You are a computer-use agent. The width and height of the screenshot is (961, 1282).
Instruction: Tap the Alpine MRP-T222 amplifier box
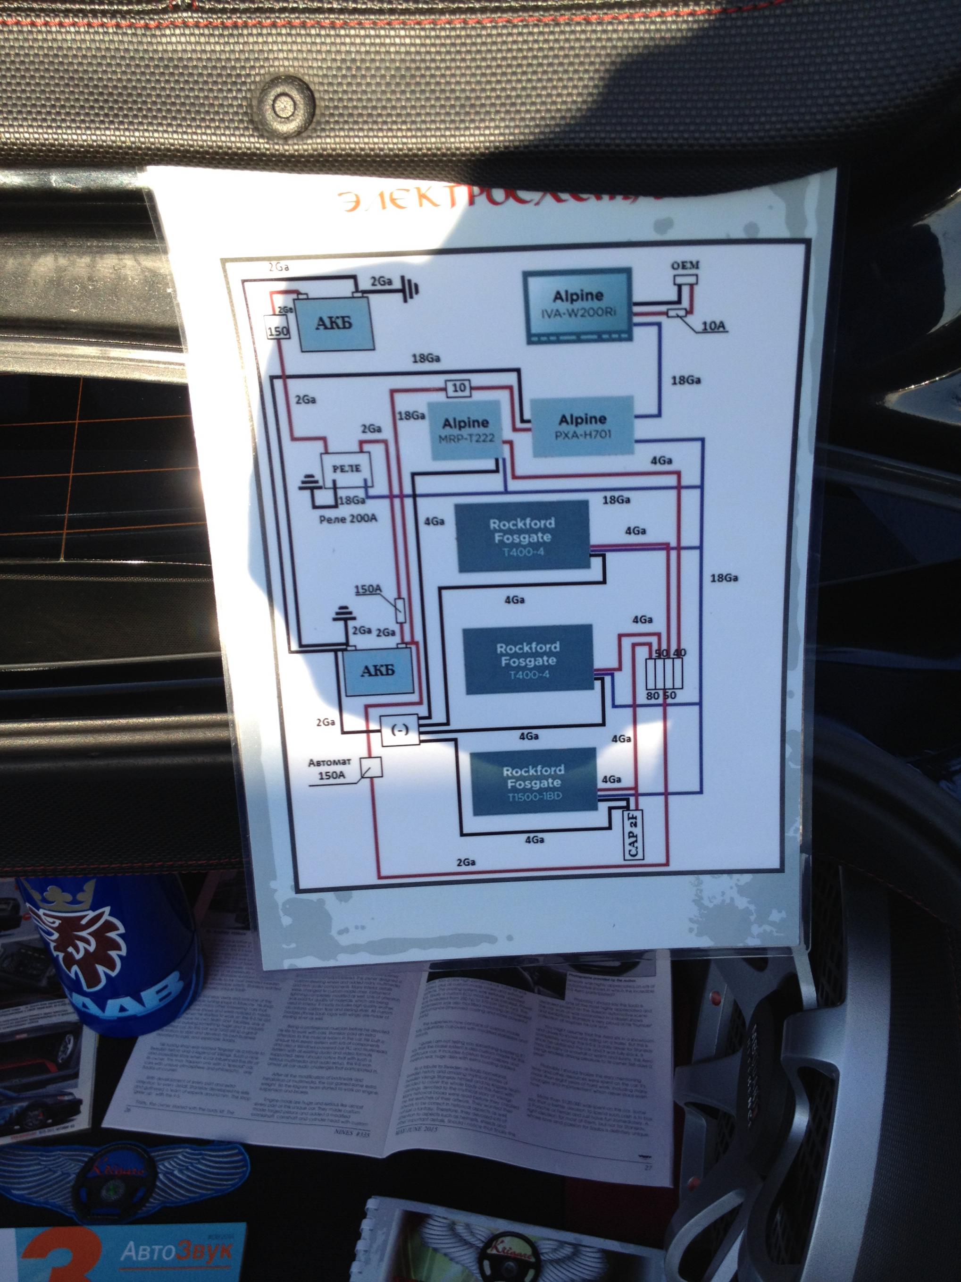[x=465, y=430]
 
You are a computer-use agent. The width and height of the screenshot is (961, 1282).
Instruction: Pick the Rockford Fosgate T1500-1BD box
[x=534, y=782]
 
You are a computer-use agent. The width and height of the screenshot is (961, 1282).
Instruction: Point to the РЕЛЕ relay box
[x=346, y=468]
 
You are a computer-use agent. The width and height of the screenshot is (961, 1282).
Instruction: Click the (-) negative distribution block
[x=400, y=730]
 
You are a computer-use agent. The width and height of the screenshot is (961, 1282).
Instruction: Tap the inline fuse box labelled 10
[x=458, y=388]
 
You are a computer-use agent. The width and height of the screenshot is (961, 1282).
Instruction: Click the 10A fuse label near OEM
[x=712, y=326]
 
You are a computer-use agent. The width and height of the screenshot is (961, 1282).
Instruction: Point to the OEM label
[x=685, y=265]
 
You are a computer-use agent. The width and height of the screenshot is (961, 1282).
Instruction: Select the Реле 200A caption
[x=348, y=518]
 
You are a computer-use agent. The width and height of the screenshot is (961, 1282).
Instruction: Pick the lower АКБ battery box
[x=378, y=671]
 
